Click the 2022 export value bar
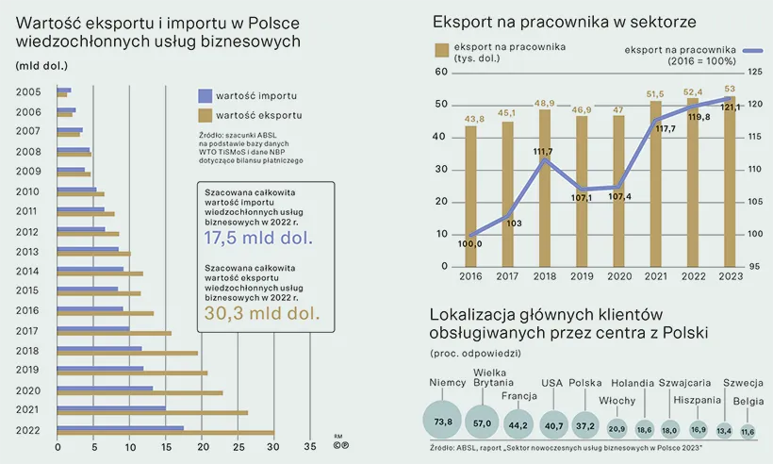[165, 434]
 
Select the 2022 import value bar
[120, 428]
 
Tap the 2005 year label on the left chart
[27, 91]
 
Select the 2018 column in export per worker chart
[545, 188]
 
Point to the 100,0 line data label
[469, 243]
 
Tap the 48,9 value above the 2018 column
[545, 104]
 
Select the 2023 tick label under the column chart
[728, 275]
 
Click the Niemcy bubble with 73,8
[443, 420]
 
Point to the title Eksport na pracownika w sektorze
[565, 21]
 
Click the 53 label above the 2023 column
[729, 90]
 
